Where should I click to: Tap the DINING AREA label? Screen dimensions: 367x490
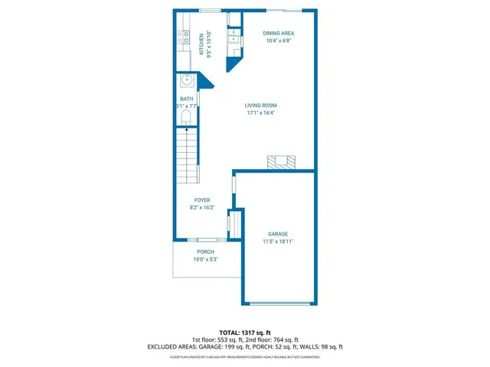(x=278, y=34)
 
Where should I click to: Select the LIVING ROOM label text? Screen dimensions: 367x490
(x=260, y=106)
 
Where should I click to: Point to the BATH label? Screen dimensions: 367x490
(x=187, y=99)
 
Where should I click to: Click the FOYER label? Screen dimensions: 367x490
(x=201, y=200)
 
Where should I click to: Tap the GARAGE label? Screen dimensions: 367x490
(x=277, y=234)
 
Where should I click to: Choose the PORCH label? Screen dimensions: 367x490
(x=205, y=252)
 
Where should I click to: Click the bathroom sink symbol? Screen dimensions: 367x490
(x=186, y=80)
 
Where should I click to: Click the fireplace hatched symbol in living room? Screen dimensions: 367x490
(x=280, y=161)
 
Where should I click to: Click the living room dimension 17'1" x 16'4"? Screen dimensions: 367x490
(x=260, y=113)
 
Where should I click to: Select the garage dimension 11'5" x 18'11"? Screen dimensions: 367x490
(x=277, y=241)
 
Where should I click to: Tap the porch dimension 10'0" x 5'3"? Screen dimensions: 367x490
(x=205, y=259)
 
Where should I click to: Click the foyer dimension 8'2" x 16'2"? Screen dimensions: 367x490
(x=201, y=207)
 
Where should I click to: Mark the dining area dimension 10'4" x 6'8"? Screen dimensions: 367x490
(x=278, y=41)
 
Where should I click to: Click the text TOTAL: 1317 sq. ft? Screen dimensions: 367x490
(x=244, y=333)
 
